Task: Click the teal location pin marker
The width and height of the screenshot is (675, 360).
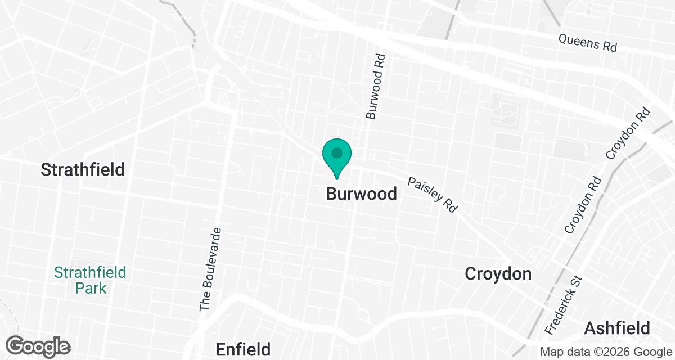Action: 336,157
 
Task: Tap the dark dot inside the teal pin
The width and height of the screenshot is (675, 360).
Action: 336,152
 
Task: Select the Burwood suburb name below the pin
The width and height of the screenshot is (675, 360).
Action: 362,194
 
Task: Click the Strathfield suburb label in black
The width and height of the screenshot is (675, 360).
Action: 83,169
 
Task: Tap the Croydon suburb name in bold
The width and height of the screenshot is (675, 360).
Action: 498,274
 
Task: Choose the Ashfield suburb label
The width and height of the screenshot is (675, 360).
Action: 617,328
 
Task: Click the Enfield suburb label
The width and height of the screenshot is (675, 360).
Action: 243,349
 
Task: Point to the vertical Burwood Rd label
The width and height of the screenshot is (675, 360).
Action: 375,86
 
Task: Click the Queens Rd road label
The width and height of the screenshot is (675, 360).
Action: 588,43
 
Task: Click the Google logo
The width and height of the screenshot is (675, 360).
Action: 38,346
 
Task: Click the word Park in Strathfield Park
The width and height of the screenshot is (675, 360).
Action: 91,288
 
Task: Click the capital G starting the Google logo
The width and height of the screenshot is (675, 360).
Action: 16,345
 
